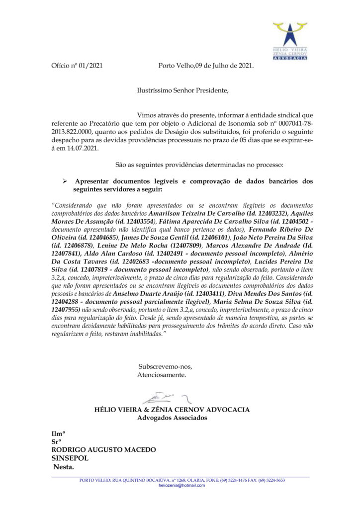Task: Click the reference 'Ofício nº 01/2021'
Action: point(77,66)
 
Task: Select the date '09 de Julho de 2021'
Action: point(224,66)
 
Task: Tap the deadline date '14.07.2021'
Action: point(83,148)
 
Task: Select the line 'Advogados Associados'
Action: point(172,418)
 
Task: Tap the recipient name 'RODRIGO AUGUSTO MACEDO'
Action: point(104,450)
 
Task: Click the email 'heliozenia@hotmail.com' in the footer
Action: point(181,485)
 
